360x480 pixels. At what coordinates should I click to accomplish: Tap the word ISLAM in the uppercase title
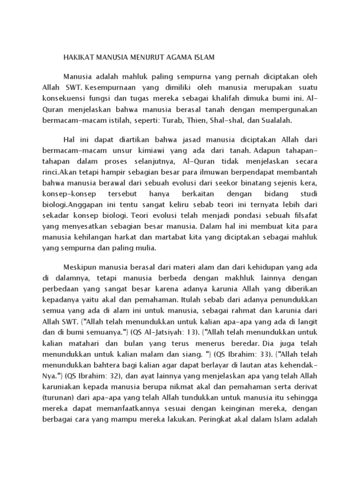point(202,58)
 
